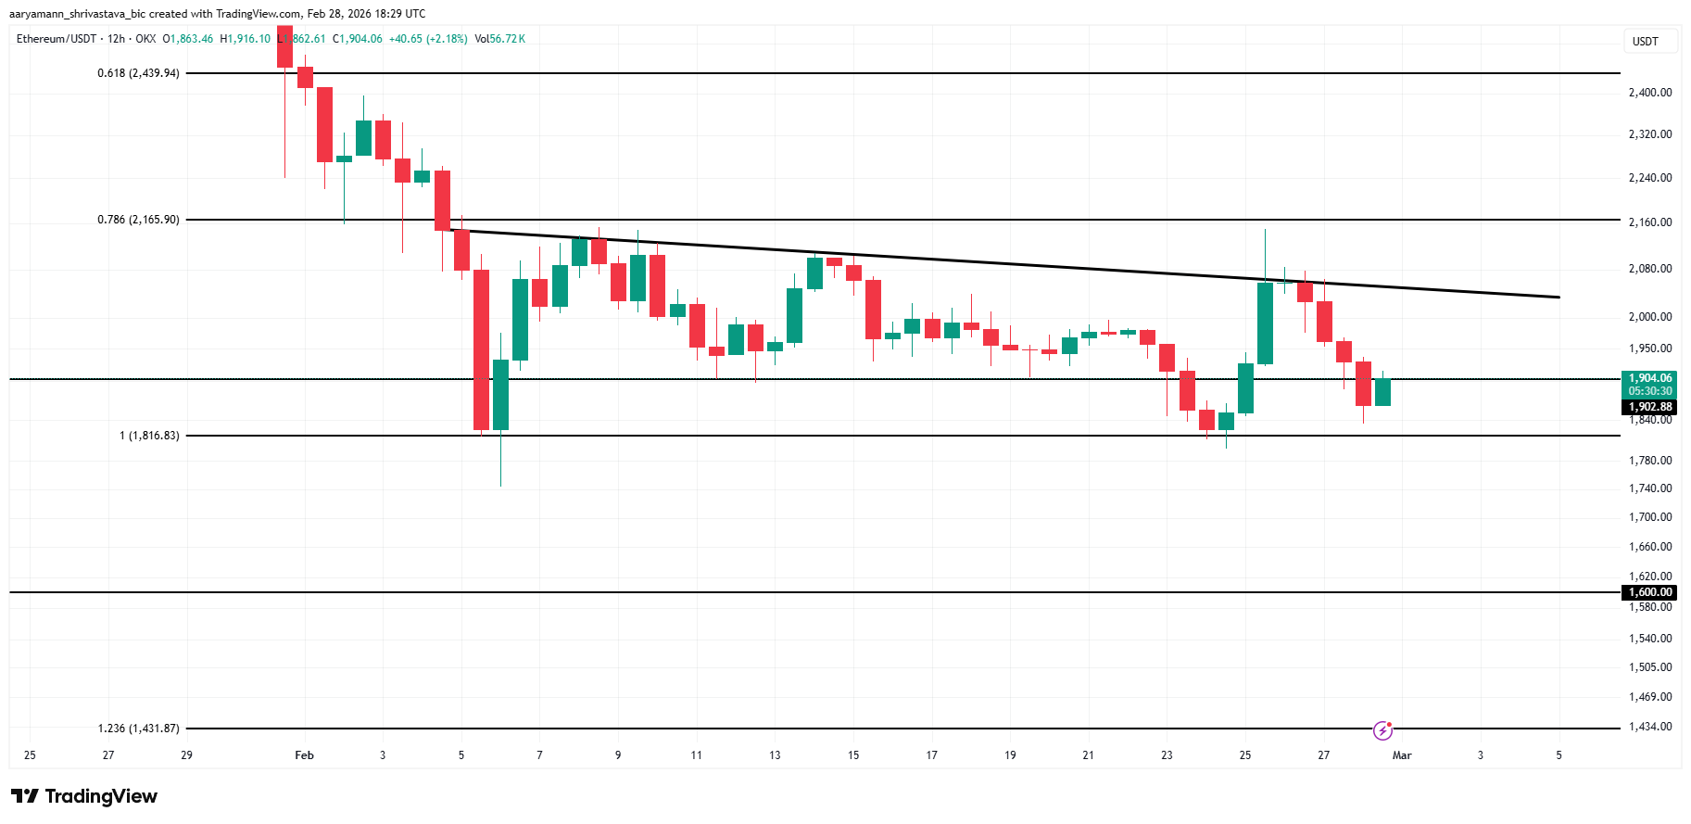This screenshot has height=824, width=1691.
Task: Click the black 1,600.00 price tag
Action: coord(1650,592)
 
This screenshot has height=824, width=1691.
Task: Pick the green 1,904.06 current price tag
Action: coord(1650,378)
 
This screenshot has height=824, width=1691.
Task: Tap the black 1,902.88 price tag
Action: coord(1650,407)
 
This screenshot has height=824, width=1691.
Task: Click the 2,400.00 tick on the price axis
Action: coord(1650,93)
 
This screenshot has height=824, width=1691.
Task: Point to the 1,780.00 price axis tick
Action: coord(1650,461)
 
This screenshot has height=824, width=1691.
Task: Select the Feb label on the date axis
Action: coord(304,755)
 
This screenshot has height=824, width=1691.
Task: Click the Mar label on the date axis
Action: coord(1402,755)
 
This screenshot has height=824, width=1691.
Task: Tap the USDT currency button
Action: coord(1646,42)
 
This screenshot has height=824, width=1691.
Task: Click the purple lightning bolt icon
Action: coord(1382,730)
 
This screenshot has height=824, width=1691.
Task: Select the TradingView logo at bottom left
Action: coord(84,796)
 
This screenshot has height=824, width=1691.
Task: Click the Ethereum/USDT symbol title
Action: coord(56,39)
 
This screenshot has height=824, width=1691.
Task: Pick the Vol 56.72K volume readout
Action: coord(500,39)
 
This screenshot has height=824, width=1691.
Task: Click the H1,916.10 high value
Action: coord(246,39)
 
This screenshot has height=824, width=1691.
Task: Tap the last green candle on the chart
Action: coord(1382,392)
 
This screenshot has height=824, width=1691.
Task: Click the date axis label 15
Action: coord(853,755)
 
